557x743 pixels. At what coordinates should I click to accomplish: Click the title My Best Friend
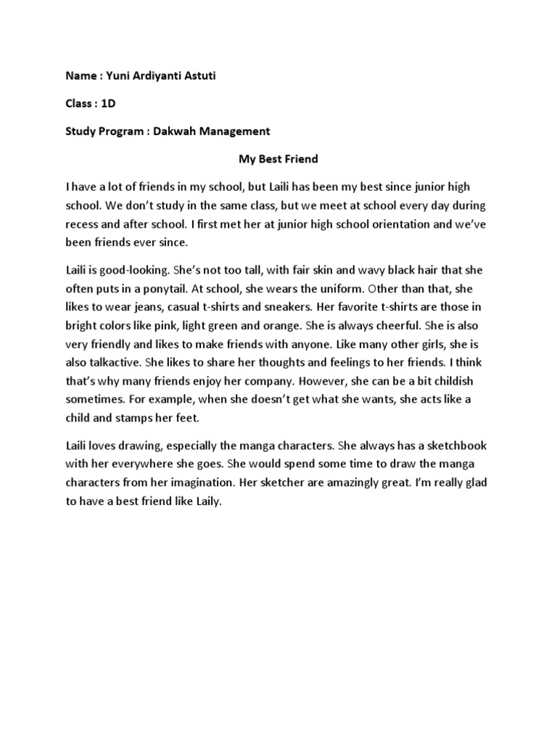coord(278,157)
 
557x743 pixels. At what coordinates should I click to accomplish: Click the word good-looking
coord(139,269)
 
